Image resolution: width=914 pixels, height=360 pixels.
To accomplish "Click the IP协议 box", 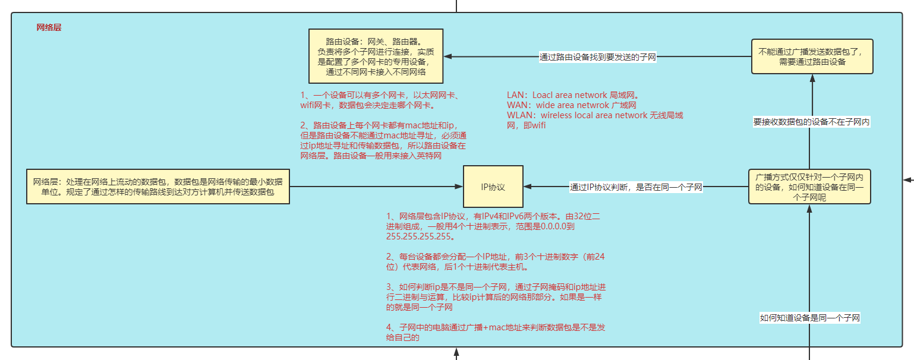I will click(493, 187).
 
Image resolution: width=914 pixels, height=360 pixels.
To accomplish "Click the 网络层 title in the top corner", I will click(49, 27).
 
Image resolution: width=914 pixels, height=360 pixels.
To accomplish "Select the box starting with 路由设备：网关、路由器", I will click(376, 56).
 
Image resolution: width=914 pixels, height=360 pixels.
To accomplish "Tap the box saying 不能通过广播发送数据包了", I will click(812, 56).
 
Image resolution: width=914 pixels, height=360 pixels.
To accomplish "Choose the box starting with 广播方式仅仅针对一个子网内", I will click(809, 187).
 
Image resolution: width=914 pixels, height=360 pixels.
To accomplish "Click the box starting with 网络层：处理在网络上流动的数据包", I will click(157, 187).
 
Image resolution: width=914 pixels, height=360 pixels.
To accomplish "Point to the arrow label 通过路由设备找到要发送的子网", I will click(597, 57).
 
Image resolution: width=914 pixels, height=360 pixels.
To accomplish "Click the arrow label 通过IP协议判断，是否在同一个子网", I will click(636, 187).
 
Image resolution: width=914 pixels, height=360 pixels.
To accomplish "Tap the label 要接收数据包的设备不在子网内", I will click(811, 122).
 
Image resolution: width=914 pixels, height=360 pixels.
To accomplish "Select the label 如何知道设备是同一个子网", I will click(810, 318).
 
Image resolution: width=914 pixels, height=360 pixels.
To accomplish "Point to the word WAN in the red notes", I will click(517, 105).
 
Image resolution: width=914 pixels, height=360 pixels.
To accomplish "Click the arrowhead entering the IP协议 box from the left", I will click(459, 187).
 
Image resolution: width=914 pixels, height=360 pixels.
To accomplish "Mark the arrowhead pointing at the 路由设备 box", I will click(449, 56).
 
